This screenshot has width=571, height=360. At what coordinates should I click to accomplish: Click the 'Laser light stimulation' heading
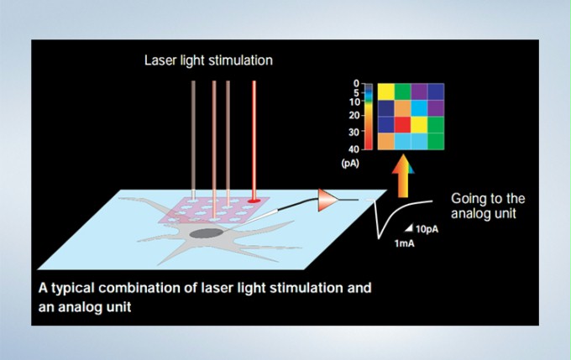[x=208, y=60]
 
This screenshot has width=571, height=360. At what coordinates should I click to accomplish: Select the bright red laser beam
[x=254, y=140]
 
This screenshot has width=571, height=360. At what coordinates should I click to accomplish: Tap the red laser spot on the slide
[x=254, y=201]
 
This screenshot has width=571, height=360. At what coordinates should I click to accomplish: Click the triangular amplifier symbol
[x=328, y=200]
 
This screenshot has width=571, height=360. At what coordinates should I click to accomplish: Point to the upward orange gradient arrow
[x=403, y=176]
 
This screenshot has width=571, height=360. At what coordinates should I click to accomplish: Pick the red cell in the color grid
[x=402, y=125]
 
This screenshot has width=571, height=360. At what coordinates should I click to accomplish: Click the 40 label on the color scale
[x=354, y=149]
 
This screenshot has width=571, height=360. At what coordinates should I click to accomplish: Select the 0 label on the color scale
[x=356, y=83]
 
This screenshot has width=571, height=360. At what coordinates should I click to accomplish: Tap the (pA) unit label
[x=350, y=164]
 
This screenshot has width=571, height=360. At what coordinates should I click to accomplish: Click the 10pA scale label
[x=427, y=229]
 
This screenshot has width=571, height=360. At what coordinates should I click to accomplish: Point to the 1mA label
[x=404, y=243]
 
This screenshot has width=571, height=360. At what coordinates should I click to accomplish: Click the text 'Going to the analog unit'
[x=488, y=206]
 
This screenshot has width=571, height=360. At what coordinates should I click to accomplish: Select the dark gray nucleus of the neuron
[x=207, y=233]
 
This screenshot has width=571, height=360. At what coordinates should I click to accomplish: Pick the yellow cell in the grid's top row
[x=386, y=91]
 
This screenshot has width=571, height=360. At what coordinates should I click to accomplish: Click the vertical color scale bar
[x=369, y=117]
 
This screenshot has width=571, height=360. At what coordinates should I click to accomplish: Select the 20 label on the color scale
[x=354, y=116]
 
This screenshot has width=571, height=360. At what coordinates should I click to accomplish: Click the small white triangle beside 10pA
[x=410, y=228]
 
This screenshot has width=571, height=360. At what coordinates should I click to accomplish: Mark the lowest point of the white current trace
[x=379, y=238]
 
